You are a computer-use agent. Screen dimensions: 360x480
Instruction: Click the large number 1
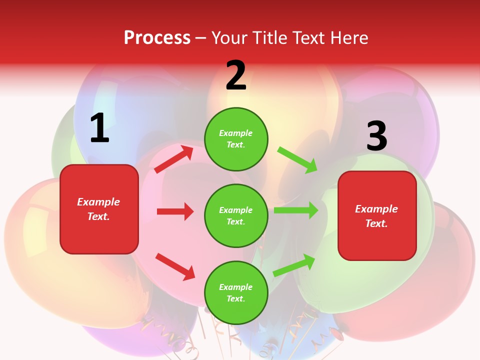[x=99, y=129]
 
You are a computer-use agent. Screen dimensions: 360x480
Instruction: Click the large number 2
[x=236, y=76]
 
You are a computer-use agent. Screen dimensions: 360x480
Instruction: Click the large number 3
[x=376, y=136]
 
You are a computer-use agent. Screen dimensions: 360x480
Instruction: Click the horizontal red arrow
[x=175, y=211]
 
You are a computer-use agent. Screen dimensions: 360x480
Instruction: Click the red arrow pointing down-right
[x=175, y=266]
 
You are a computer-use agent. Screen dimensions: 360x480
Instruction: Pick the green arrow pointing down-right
[x=298, y=160]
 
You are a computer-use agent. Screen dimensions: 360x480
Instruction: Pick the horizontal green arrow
[x=296, y=210]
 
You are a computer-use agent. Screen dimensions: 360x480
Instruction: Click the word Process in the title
[x=157, y=37]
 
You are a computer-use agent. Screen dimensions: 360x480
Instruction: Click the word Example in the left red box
[x=98, y=202]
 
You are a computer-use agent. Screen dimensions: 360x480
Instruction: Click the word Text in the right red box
[x=376, y=223]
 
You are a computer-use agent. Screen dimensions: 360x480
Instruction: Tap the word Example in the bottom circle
[x=236, y=287]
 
